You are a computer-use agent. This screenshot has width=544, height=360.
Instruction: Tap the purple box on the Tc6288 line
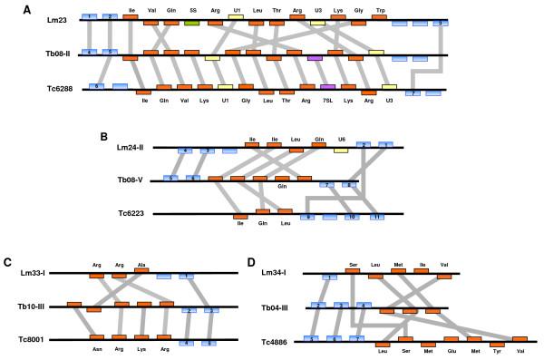pyautogui.click(x=328, y=86)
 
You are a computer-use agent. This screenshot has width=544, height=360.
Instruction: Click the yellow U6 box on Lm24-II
pyautogui.click(x=342, y=149)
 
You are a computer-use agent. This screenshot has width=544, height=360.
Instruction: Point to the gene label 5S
pyautogui.click(x=192, y=9)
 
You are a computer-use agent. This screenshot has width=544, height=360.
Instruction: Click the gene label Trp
pyautogui.click(x=382, y=9)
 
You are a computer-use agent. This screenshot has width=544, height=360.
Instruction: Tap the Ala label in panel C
pyautogui.click(x=141, y=265)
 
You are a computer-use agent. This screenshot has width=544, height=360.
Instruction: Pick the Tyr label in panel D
pyautogui.click(x=496, y=352)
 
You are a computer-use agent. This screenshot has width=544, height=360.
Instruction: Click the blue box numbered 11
pyautogui.click(x=374, y=217)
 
